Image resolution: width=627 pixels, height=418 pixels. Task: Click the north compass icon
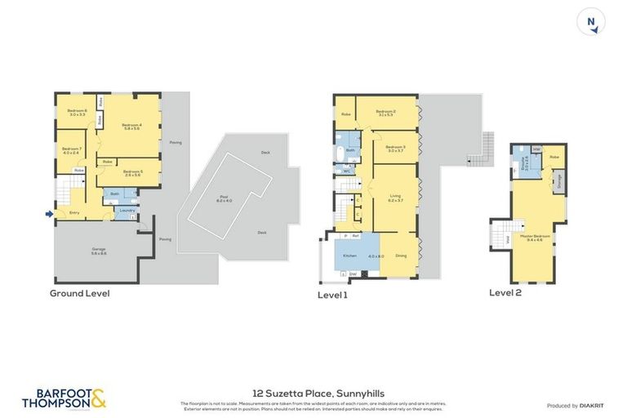591,22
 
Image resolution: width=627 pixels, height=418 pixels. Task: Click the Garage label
98,251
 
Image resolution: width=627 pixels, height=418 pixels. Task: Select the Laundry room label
127,211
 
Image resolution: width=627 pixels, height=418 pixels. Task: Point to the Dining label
401,256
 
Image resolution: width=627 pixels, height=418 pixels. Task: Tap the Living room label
395,198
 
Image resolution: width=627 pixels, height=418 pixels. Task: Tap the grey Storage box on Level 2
558,183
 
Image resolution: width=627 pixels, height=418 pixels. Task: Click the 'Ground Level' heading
79,293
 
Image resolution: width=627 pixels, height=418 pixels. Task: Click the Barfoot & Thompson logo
64,398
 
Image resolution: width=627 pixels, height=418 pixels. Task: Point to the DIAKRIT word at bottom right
591,405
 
